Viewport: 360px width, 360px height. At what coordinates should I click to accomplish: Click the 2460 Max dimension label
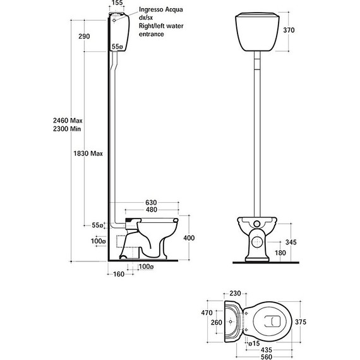click(x=68, y=120)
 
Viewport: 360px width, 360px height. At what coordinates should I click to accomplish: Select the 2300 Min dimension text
click(x=67, y=129)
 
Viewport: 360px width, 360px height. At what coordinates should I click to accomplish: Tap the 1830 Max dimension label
click(x=88, y=153)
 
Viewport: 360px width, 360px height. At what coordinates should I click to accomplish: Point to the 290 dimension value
click(x=84, y=36)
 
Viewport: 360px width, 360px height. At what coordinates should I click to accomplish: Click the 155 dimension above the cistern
click(x=117, y=3)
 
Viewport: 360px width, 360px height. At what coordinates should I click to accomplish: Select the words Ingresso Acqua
click(x=161, y=9)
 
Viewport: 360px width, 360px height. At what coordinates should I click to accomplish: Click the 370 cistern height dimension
click(x=289, y=30)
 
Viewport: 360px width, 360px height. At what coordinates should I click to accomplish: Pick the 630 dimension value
click(x=151, y=203)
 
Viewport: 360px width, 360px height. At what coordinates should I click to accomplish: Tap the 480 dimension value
click(x=152, y=210)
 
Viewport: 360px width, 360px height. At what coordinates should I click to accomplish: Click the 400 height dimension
click(x=189, y=238)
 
